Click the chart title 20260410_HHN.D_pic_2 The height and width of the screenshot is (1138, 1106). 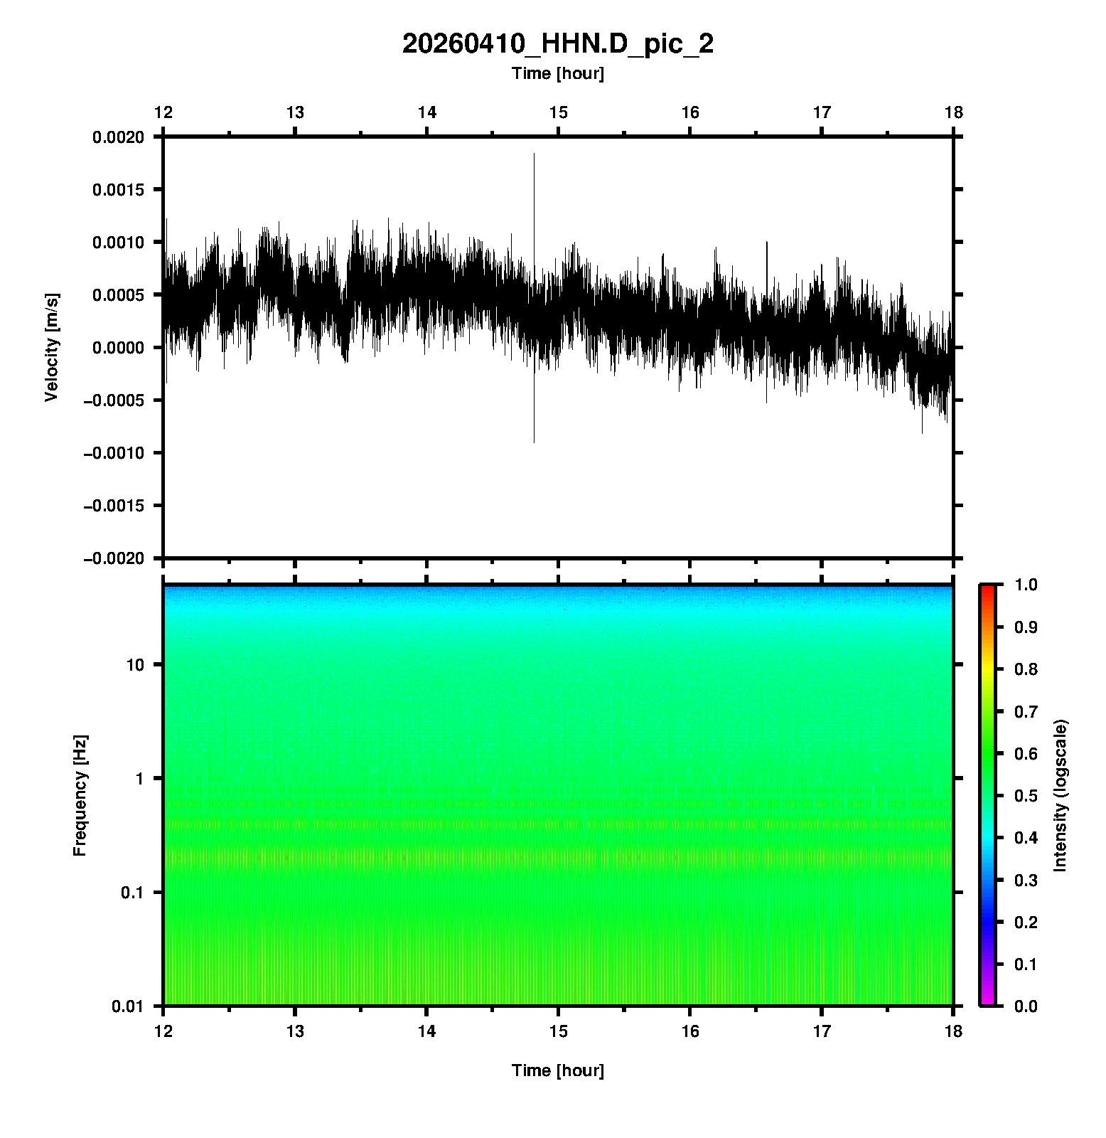[558, 44]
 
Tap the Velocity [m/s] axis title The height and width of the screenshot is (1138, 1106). [52, 347]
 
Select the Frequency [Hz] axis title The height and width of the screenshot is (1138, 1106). [80, 796]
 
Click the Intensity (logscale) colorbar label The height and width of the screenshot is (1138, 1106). [1061, 795]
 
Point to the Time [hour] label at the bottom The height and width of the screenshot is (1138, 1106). [558, 1070]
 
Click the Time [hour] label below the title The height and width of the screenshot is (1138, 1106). [558, 73]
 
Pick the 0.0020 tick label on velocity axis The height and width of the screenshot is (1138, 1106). [118, 137]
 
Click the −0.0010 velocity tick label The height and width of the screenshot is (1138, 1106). [114, 453]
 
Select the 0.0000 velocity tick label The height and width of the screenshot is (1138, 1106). [118, 348]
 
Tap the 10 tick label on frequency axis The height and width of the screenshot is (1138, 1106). [135, 665]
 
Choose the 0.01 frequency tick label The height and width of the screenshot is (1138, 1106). [128, 1006]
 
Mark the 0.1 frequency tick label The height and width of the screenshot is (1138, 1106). [131, 893]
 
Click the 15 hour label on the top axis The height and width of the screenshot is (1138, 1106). [559, 112]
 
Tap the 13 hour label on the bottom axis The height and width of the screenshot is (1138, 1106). [295, 1031]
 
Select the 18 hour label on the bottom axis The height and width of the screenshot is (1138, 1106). [953, 1031]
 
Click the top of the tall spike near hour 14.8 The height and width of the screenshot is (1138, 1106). [534, 154]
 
